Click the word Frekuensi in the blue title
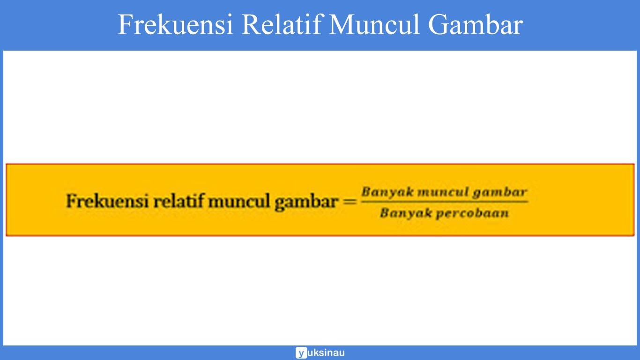[175, 25]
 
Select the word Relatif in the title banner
[282, 25]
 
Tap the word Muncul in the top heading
[374, 25]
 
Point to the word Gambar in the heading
[474, 25]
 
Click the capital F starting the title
[125, 25]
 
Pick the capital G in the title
[437, 25]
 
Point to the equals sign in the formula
[350, 202]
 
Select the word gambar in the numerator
[499, 192]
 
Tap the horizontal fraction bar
[444, 202]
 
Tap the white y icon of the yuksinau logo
[301, 353]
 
